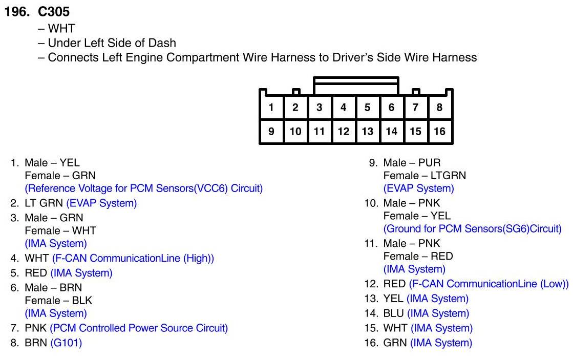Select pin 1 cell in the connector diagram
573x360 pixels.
coord(271,108)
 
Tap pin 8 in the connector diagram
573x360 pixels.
coord(439,108)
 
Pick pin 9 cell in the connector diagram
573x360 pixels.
coord(271,132)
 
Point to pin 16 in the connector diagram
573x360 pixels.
coord(439,132)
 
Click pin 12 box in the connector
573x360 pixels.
coord(343,132)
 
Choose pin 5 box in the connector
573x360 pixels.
coord(367,108)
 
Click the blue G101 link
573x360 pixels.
coord(66,343)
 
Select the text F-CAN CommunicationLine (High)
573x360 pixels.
coord(133,259)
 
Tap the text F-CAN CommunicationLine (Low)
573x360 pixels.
coord(489,284)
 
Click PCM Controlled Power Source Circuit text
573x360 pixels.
coord(139,328)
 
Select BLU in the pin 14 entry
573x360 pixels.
coord(393,313)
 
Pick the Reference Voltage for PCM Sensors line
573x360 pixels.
coord(143,188)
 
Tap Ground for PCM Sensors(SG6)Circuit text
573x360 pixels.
coord(472,229)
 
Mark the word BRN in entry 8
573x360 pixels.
coord(36,343)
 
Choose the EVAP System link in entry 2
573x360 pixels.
coord(101,203)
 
